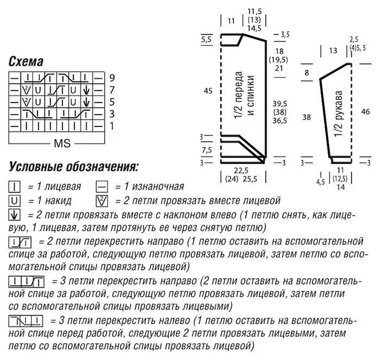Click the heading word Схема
(26, 61)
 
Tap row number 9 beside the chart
(112, 77)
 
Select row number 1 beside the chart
(112, 126)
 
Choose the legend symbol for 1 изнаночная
(102, 187)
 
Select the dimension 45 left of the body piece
(208, 91)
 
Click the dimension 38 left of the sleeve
(307, 117)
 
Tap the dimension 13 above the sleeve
(333, 51)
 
